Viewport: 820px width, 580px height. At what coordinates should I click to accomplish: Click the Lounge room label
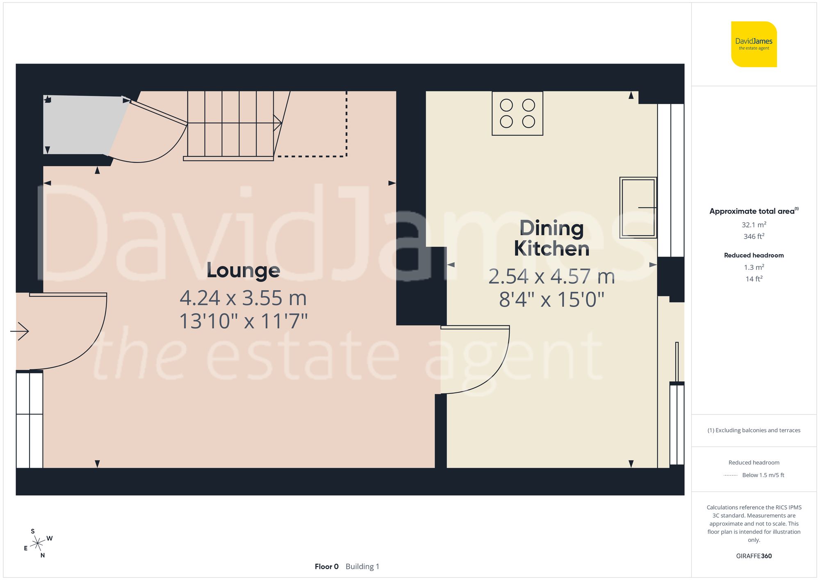[x=243, y=271]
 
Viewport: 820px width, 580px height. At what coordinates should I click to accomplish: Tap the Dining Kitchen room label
[x=551, y=239]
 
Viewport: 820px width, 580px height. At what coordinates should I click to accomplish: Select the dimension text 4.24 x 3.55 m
[x=243, y=298]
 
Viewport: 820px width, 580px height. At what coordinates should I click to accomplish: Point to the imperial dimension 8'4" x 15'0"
[x=551, y=300]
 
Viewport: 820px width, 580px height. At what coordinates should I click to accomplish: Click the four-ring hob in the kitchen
[x=517, y=113]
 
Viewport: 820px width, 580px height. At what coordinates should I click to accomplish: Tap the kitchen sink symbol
[x=638, y=207]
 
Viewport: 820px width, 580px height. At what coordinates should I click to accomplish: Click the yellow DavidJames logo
[x=754, y=44]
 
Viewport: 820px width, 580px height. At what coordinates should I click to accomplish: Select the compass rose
[x=38, y=544]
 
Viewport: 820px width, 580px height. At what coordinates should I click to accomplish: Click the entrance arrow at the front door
[x=20, y=331]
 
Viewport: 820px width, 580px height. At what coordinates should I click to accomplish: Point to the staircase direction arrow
[x=277, y=123]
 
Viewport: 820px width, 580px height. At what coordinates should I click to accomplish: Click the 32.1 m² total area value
[x=754, y=225]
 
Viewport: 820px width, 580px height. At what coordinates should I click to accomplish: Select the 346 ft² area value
[x=754, y=237]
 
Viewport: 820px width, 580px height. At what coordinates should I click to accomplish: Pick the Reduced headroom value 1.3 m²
[x=754, y=267]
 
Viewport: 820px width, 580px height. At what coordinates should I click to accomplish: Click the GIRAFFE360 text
[x=754, y=556]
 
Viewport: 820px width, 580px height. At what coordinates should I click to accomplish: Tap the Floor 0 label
[x=326, y=566]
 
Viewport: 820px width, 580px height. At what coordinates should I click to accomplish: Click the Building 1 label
[x=362, y=566]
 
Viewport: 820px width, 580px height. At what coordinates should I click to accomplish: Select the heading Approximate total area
[x=752, y=211]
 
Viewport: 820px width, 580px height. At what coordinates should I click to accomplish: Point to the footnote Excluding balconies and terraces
[x=754, y=430]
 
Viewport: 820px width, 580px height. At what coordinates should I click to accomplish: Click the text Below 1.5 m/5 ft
[x=763, y=475]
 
